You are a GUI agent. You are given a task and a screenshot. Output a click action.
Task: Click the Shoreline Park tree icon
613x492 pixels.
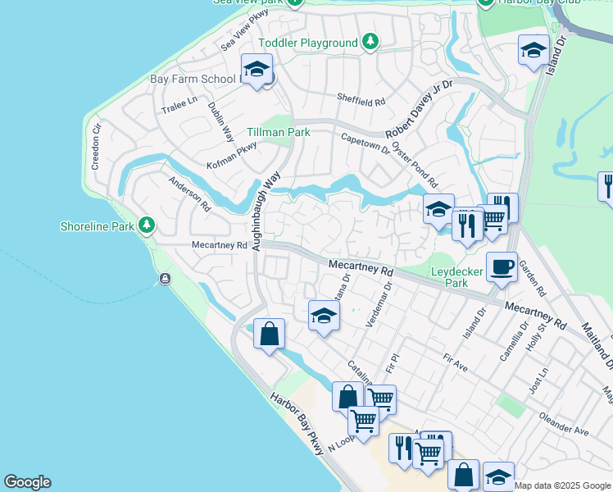[x=147, y=225]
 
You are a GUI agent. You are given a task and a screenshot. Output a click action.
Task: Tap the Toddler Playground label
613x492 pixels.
[x=308, y=43]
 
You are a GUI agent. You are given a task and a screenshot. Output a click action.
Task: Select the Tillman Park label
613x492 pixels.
[x=279, y=132]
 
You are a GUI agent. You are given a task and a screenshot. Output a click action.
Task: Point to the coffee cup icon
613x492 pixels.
[x=502, y=266]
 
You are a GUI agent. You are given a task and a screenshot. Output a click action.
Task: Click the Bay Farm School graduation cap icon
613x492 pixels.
[x=257, y=69]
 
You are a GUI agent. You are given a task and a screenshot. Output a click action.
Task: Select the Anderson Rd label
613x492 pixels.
[x=189, y=193]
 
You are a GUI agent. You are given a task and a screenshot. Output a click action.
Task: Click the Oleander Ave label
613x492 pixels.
[x=564, y=425]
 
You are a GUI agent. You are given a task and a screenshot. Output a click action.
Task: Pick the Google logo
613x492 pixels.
[x=27, y=482]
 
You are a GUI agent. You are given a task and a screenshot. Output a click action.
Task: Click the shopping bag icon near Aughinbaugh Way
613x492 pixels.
[x=269, y=334]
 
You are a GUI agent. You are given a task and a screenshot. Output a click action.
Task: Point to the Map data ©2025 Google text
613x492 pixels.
[x=562, y=485]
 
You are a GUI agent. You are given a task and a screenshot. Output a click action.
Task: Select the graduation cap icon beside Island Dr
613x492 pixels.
[x=534, y=51]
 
